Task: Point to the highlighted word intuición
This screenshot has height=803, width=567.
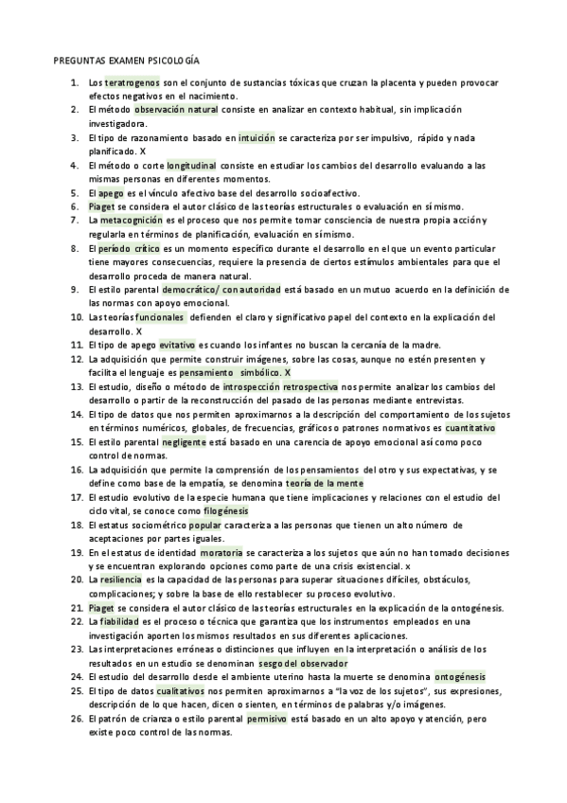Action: tap(257, 137)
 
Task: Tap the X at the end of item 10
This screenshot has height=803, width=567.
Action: tap(138, 331)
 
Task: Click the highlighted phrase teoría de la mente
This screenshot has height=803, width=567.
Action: tap(325, 483)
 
